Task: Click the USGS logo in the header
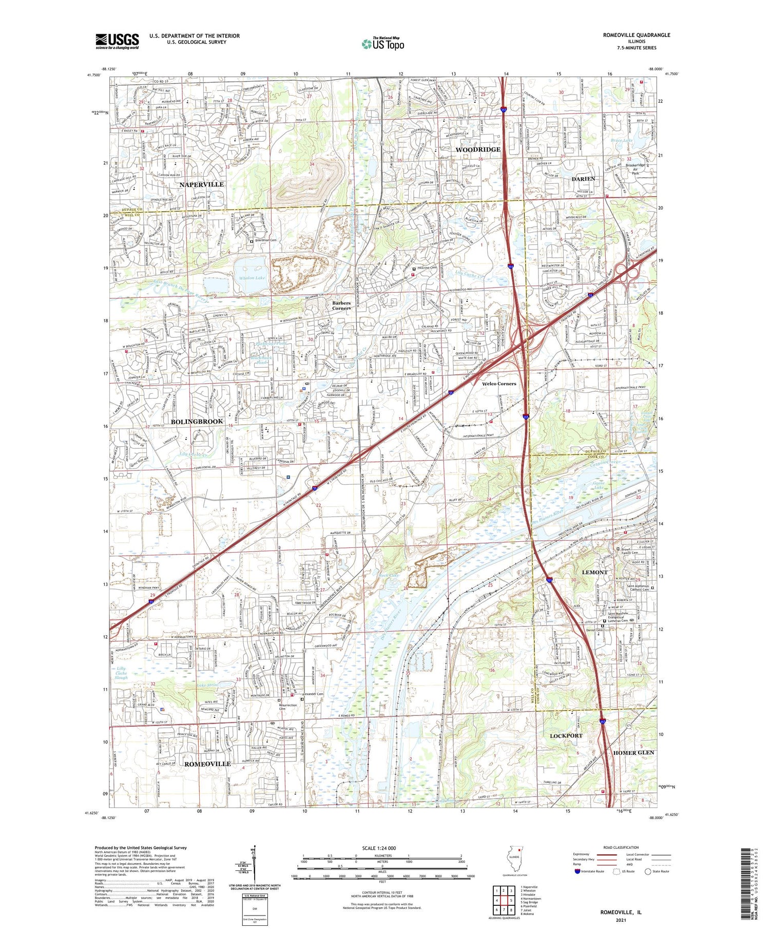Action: (x=117, y=41)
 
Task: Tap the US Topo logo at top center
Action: (x=382, y=44)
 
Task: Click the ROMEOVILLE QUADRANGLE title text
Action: (x=636, y=35)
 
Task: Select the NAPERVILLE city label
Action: (x=201, y=184)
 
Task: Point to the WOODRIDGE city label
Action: (x=477, y=149)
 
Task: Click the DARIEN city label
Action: (x=583, y=179)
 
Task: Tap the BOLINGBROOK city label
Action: (x=197, y=422)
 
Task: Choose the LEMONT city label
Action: (x=594, y=572)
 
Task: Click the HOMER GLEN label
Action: (x=633, y=752)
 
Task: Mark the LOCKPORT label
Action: (x=566, y=736)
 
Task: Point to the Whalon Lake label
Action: (x=252, y=278)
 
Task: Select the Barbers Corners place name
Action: (x=341, y=306)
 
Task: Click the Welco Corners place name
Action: (x=498, y=384)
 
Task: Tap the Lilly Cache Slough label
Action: (x=121, y=673)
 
